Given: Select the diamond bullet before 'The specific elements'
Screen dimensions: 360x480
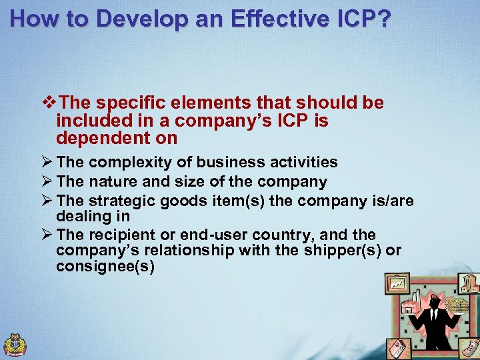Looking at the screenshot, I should point(47,103).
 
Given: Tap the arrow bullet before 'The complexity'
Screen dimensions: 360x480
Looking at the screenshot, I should point(47,163).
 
